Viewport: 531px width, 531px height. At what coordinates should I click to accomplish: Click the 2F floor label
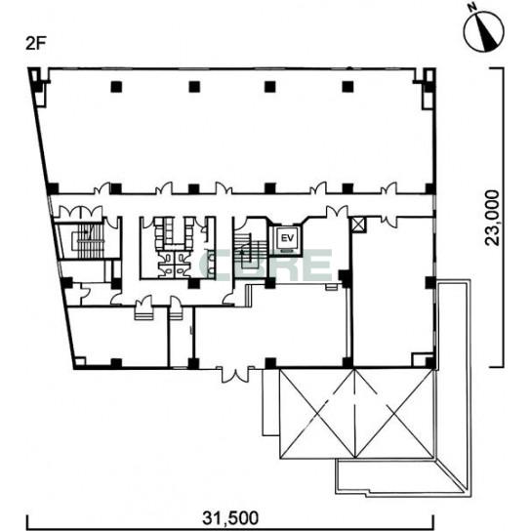pyautogui.click(x=35, y=44)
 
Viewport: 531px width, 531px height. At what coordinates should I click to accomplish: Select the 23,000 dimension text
pyautogui.click(x=492, y=218)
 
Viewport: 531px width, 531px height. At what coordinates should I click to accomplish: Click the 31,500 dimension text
pyautogui.click(x=230, y=517)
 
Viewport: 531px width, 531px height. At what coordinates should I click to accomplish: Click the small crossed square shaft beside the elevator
pyautogui.click(x=358, y=225)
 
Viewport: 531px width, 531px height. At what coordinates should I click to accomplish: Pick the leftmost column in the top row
pyautogui.click(x=116, y=87)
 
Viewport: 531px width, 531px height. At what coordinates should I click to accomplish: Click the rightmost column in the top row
pyautogui.click(x=347, y=87)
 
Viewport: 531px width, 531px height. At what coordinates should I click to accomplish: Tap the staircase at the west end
pyautogui.click(x=88, y=240)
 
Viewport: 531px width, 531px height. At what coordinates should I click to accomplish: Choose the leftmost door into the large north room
pyautogui.click(x=102, y=188)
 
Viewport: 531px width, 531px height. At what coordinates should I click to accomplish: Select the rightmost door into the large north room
pyautogui.click(x=388, y=188)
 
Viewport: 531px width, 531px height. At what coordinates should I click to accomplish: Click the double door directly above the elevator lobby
pyautogui.click(x=337, y=211)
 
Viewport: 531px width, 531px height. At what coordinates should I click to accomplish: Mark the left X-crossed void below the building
pyautogui.click(x=317, y=414)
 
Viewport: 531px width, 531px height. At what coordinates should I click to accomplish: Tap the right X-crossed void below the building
pyautogui.click(x=394, y=414)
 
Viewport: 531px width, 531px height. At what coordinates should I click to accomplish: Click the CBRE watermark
pyautogui.click(x=265, y=265)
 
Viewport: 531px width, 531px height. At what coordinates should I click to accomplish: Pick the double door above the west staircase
pyautogui.click(x=81, y=212)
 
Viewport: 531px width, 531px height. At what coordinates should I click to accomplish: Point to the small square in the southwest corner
pyautogui.click(x=80, y=361)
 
